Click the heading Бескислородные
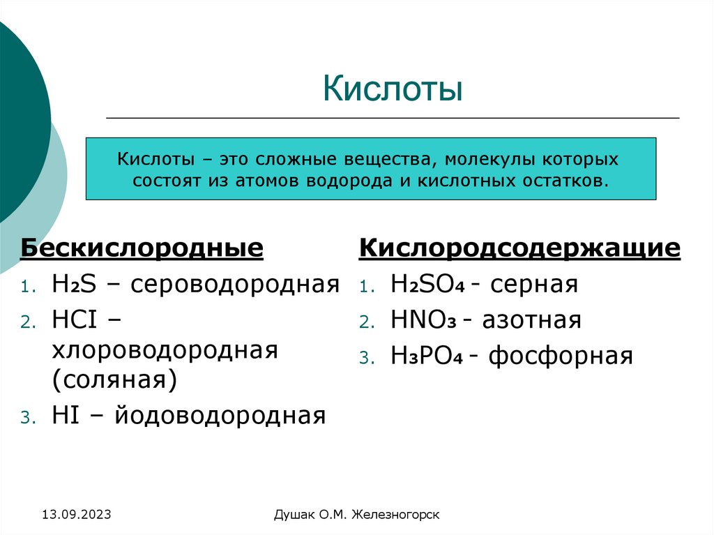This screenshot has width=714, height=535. click(142, 248)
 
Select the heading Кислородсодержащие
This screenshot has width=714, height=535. click(519, 248)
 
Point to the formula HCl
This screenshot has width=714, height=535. click(75, 320)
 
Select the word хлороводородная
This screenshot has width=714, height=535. click(165, 350)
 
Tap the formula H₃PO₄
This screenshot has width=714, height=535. click(426, 356)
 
